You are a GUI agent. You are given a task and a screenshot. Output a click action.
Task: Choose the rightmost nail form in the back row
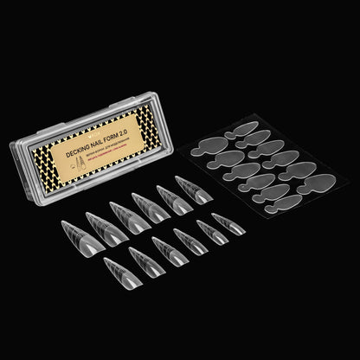coord(195,190)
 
